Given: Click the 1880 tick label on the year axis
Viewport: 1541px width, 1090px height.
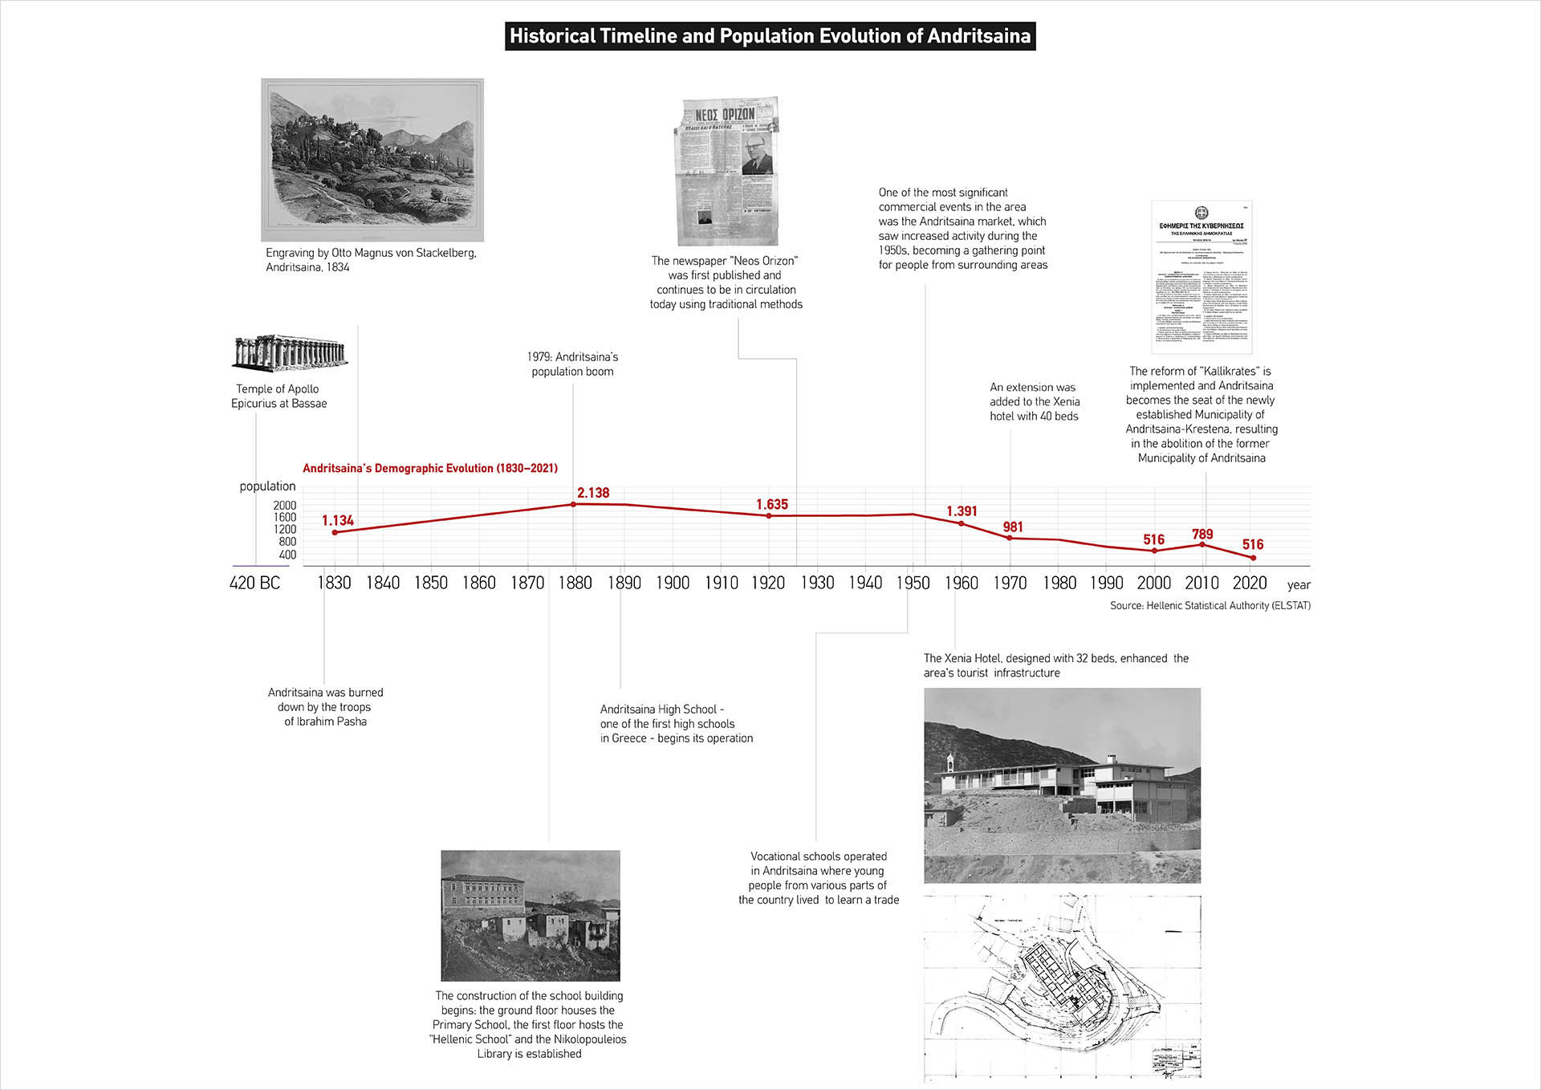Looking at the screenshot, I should [575, 584].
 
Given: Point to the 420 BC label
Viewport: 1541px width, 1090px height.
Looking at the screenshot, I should [254, 584].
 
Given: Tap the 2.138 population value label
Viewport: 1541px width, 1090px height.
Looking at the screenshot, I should [593, 493].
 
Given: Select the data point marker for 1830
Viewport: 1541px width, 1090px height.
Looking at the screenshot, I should [335, 533].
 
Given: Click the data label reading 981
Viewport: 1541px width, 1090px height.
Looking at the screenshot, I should [1013, 527].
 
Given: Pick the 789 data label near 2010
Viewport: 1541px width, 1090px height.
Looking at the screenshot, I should [1202, 535].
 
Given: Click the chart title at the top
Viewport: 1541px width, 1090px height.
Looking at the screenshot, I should [770, 36].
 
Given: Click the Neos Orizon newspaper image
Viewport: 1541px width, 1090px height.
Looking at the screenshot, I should [727, 172].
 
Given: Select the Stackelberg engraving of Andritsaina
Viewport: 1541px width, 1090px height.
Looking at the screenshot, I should [372, 160].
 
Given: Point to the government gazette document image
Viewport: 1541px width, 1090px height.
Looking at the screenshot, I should [1201, 277].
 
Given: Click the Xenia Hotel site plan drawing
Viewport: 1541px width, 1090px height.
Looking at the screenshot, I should [1062, 986].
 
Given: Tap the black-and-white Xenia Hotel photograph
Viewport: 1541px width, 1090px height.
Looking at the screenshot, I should [1062, 785].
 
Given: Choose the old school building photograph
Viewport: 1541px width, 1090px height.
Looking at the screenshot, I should [531, 915].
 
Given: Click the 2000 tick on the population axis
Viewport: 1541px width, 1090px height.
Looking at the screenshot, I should [285, 506].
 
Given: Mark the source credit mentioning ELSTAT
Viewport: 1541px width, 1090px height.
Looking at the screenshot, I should [1210, 606].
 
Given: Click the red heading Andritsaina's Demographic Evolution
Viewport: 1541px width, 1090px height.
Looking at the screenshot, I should [430, 469].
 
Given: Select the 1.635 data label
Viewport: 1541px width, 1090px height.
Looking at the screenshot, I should [772, 505].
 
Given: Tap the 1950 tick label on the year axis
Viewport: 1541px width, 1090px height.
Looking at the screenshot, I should [913, 584].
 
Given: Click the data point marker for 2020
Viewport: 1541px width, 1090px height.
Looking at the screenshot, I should [1253, 558].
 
